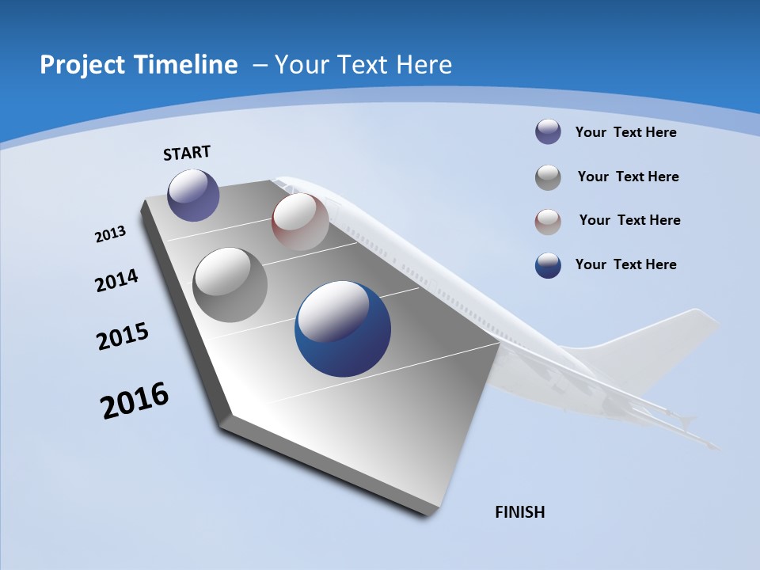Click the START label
[x=187, y=153]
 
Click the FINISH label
[x=520, y=512]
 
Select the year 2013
[x=111, y=234]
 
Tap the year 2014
[x=117, y=280]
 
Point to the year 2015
[x=123, y=336]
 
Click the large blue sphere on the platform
[x=343, y=329]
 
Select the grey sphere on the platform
[x=230, y=285]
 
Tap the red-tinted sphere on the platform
[x=300, y=222]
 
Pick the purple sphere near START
[x=193, y=195]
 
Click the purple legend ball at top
[x=548, y=132]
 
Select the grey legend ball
[x=548, y=177]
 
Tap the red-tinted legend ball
[x=548, y=221]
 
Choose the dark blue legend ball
[x=548, y=265]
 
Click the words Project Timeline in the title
[x=139, y=65]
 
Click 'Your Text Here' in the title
[x=363, y=65]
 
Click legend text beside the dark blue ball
[x=625, y=264]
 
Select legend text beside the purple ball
[x=625, y=132]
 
